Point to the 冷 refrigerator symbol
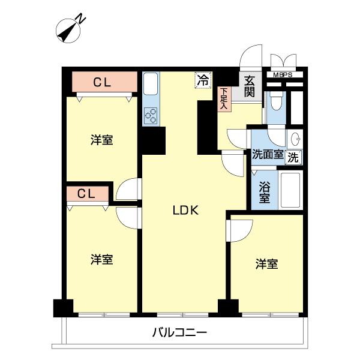coord(204,79)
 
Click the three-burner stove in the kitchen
coord(151,115)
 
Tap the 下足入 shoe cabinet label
coord(223,98)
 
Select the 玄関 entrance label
coord(250,86)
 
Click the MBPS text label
coord(284,75)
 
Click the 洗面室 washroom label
coord(268,154)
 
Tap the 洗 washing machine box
coord(293,157)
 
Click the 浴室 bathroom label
coord(264,191)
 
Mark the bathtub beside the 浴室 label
coord(290,190)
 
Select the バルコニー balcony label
coord(179,332)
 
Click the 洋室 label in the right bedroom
coord(266,263)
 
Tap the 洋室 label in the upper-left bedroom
coord(102,140)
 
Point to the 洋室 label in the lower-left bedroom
coord(102,260)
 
